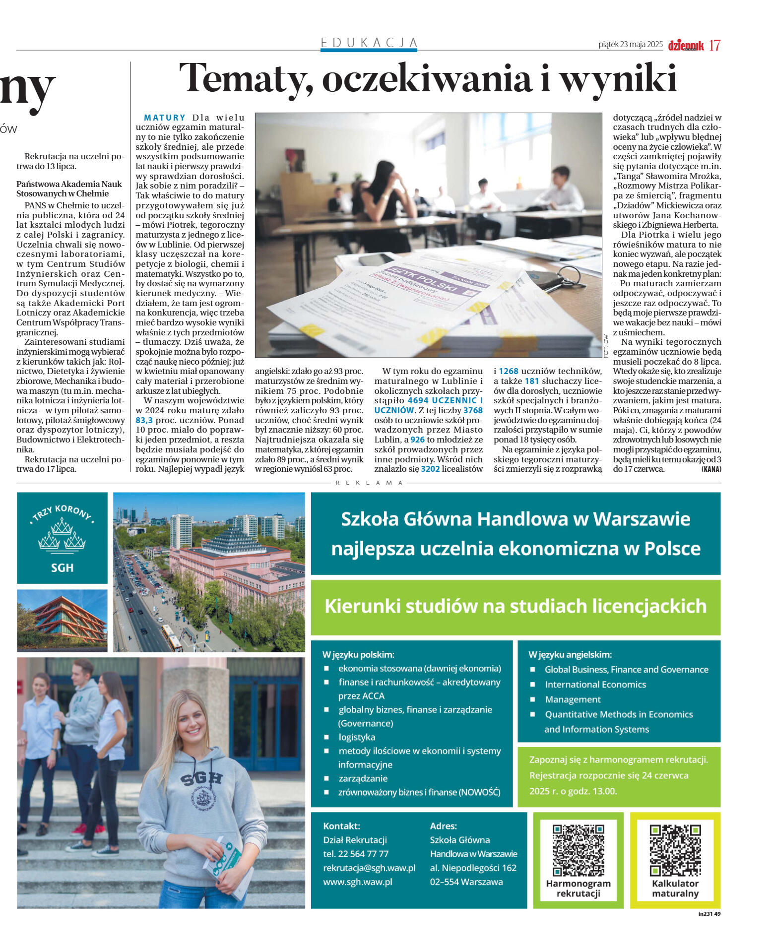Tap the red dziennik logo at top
tap(686, 46)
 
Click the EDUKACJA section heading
tap(369, 43)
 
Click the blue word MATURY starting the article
tap(164, 118)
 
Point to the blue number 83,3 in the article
tap(144, 420)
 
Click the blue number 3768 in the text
tap(473, 410)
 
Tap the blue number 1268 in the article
tap(508, 371)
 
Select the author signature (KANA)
tap(711, 469)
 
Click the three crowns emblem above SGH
tap(62, 533)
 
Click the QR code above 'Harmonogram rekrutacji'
tap(578, 850)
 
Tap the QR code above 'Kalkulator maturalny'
tap(675, 850)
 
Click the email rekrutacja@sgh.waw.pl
tap(369, 868)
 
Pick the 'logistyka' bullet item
tap(357, 737)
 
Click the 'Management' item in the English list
tap(573, 699)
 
